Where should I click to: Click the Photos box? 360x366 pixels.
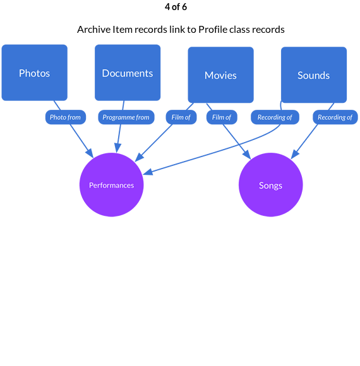[35, 73]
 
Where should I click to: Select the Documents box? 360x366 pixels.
[128, 73]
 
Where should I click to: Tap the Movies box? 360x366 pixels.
[221, 75]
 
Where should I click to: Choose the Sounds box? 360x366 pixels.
[314, 75]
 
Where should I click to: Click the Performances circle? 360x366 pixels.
[111, 185]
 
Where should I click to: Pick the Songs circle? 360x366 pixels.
[270, 185]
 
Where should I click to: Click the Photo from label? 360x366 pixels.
[66, 117]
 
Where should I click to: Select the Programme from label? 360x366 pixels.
[126, 117]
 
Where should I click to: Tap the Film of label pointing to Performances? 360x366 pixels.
[181, 117]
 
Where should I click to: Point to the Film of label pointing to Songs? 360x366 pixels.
[222, 117]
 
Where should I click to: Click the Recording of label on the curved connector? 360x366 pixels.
[275, 117]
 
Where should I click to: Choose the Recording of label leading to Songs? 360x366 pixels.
[335, 117]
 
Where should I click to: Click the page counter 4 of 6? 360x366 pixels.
[176, 7]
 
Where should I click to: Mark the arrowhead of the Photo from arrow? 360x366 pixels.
[90, 153]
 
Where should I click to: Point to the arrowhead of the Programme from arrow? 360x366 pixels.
[117, 148]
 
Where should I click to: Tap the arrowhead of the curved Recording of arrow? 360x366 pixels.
[148, 172]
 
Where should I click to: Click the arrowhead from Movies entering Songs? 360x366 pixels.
[247, 155]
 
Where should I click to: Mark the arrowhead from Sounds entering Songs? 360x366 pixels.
[295, 155]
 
